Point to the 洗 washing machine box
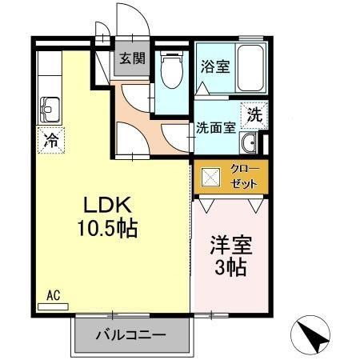click(254, 114)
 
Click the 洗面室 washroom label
click(216, 126)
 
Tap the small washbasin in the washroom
click(250, 145)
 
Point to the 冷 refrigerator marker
click(50, 142)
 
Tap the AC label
click(54, 294)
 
